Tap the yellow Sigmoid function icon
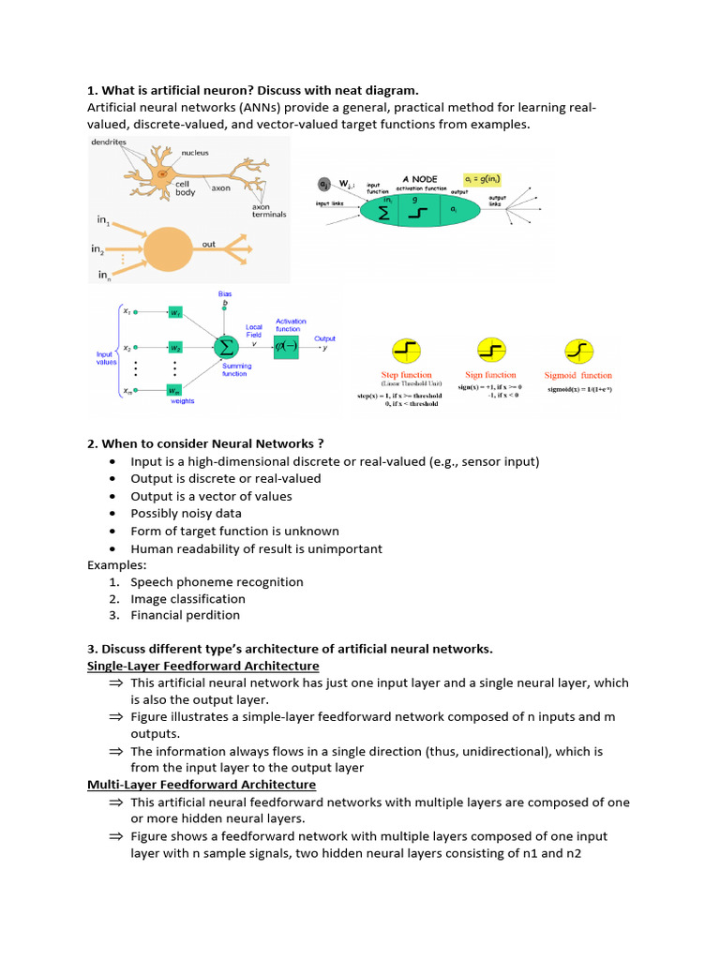578,352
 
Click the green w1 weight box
175,311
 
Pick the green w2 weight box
175,347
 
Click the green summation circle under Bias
225,347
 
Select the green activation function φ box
287,347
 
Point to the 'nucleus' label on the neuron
195,152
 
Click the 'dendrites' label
110,142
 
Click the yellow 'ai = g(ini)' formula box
488,177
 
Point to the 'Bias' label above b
224,293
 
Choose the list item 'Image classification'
187,599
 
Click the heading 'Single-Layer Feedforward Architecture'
202,666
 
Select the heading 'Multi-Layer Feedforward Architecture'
201,784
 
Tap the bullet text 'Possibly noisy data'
186,514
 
